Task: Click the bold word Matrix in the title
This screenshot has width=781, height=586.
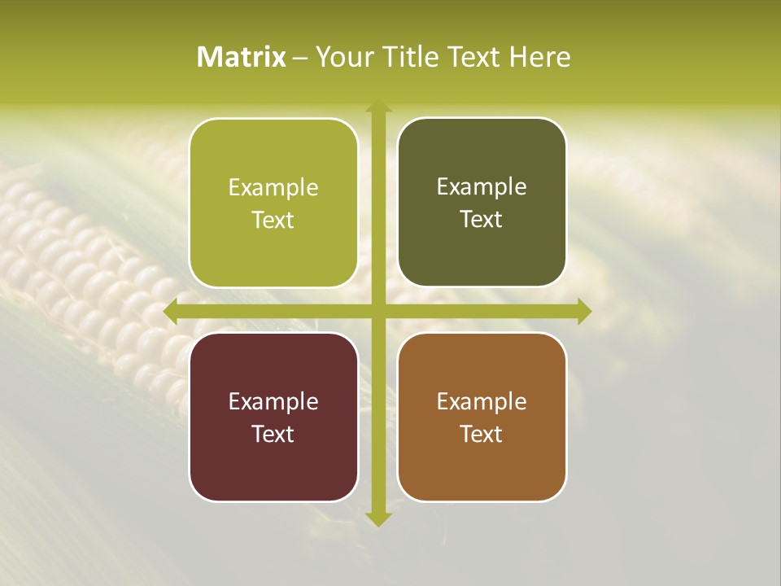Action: coord(241,57)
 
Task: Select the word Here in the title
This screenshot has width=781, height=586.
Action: coord(539,57)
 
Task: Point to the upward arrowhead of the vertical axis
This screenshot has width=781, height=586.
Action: coord(377,107)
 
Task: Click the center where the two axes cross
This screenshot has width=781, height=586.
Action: coord(377,312)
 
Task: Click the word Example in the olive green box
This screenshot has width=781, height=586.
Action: coord(273,188)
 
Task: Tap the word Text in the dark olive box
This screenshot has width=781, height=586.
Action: coord(482,220)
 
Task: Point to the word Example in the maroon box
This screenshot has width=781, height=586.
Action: coord(273,401)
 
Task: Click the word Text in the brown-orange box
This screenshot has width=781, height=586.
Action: coord(482,434)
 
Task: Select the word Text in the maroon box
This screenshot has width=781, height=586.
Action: coord(273,434)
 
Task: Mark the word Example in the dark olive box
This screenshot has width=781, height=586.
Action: coord(482,187)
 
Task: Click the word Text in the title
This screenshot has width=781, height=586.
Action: coord(474,57)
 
